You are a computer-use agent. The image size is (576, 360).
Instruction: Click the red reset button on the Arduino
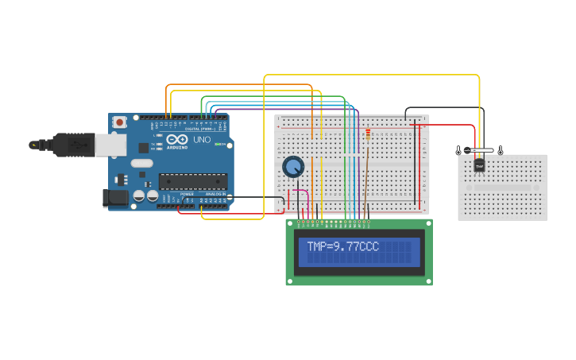[x=119, y=122]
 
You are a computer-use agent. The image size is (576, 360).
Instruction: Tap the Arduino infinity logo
[x=176, y=140]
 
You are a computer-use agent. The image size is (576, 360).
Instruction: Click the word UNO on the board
[x=202, y=140]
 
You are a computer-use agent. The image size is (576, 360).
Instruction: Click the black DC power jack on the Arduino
[x=115, y=198]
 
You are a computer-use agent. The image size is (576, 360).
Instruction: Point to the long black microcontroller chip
[x=192, y=181]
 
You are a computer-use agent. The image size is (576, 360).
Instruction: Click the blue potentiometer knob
[x=293, y=167]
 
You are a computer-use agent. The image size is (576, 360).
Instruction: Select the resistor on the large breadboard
[x=367, y=134]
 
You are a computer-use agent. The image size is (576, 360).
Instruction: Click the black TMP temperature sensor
[x=479, y=165]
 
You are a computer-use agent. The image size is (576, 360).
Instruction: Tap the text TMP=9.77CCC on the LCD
[x=342, y=247]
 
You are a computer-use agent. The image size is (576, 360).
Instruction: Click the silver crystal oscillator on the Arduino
[x=141, y=164]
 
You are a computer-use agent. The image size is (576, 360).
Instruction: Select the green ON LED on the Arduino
[x=217, y=144]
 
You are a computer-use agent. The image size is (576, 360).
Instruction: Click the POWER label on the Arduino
[x=187, y=194]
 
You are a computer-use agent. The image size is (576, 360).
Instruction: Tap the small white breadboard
[x=503, y=188]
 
